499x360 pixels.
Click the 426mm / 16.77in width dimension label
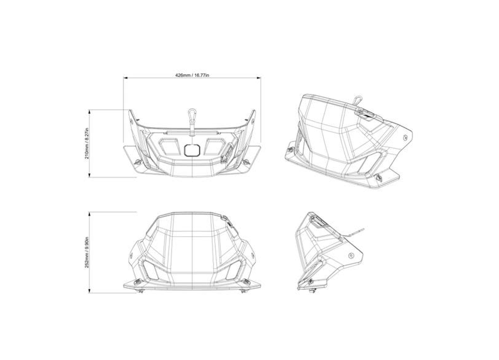(192, 75)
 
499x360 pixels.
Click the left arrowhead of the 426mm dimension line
(126, 78)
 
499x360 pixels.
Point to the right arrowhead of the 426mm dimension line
(259, 78)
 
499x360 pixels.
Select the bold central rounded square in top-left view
(191, 150)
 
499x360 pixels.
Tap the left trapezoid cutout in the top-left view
(169, 146)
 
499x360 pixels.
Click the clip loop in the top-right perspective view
(358, 101)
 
